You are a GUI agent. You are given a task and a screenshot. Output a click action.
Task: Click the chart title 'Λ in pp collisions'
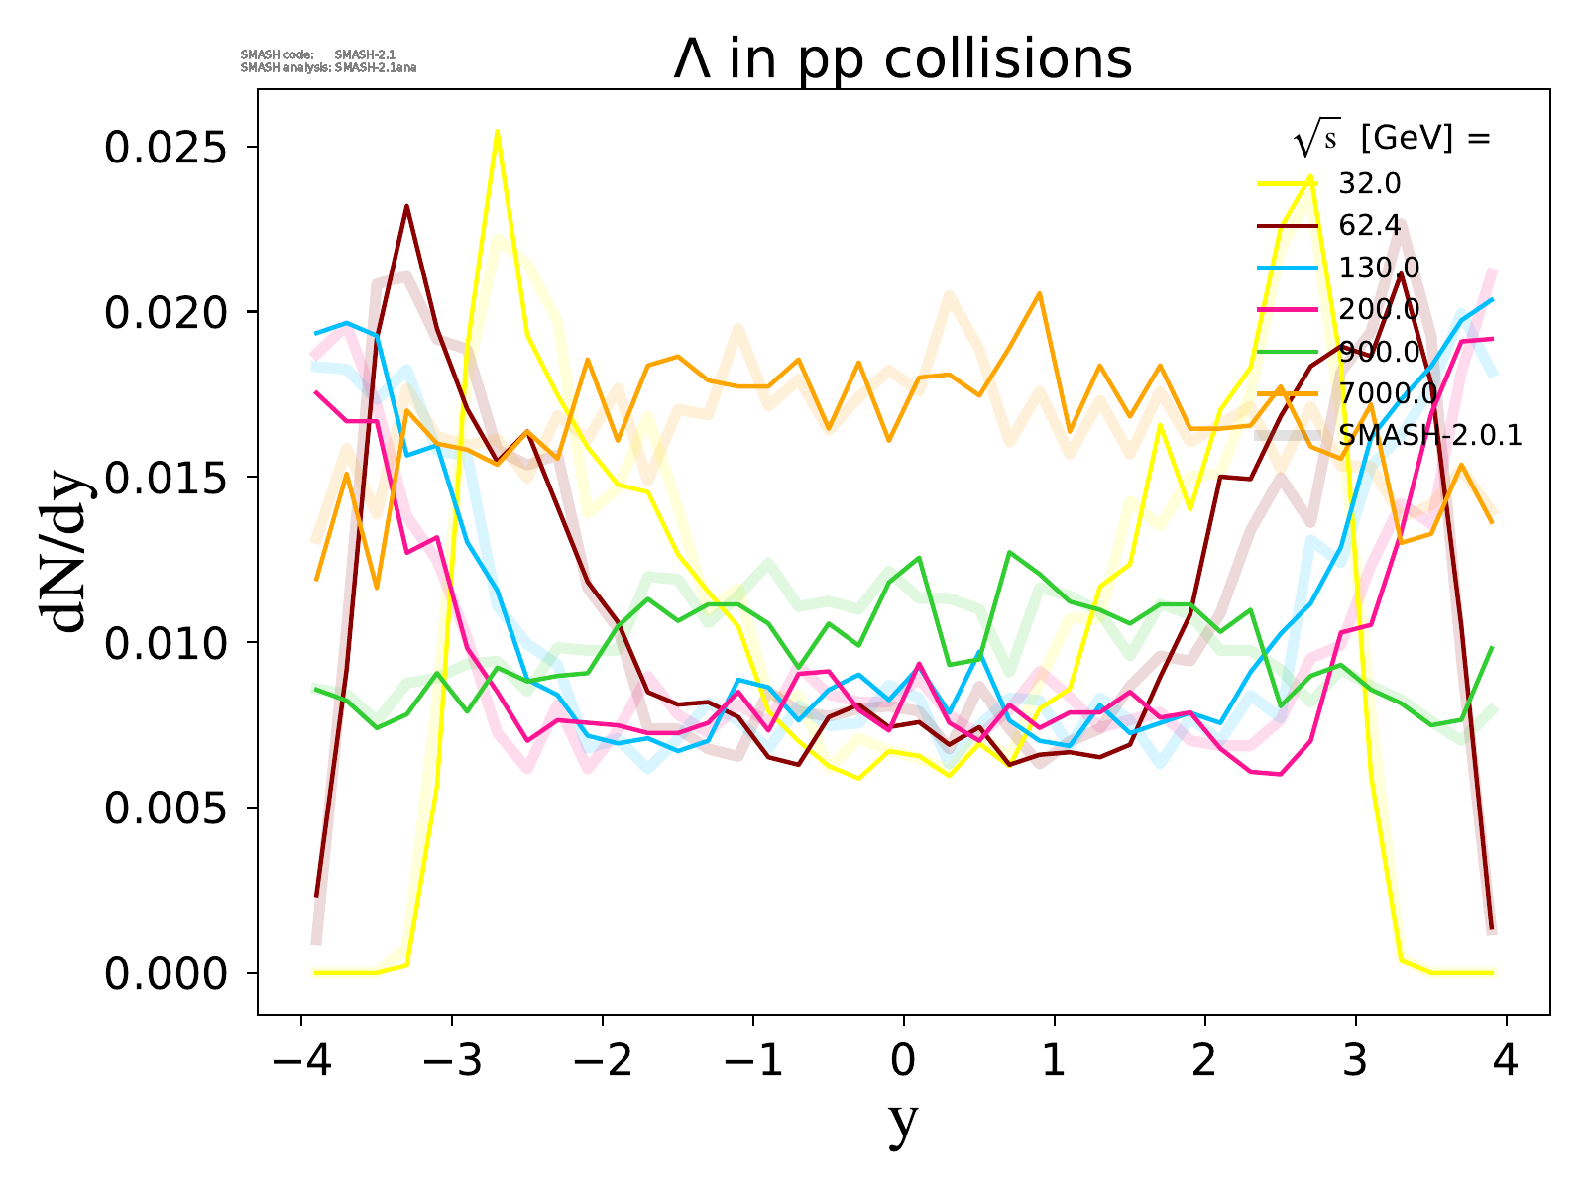(902, 59)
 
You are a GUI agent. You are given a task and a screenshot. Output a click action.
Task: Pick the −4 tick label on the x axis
(300, 1061)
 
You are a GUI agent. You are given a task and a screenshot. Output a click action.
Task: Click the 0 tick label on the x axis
(903, 1061)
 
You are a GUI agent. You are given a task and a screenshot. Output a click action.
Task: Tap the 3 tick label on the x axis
(1356, 1061)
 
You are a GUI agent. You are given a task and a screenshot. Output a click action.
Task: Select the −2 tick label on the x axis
(602, 1061)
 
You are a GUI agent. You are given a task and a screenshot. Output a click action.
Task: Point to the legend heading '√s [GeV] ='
(1392, 139)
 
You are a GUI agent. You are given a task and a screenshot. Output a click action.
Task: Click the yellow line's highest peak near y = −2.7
(497, 131)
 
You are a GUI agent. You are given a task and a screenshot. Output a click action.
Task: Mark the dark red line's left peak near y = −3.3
(406, 206)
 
